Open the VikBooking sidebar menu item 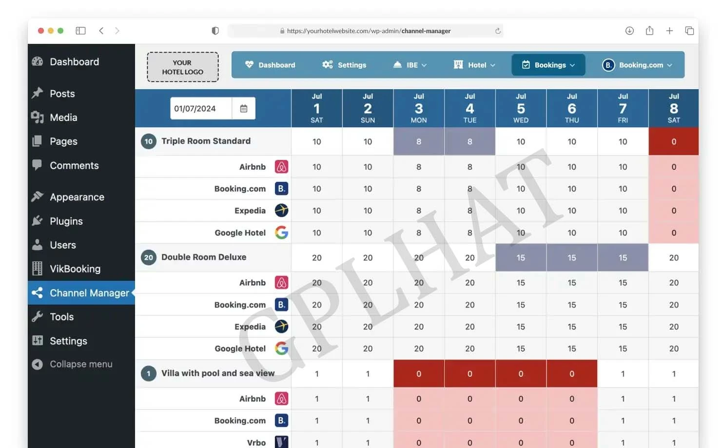(75, 269)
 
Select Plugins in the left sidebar (66, 221)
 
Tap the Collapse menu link (80, 364)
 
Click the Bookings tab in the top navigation (548, 65)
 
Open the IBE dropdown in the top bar (410, 65)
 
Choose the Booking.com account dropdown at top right (637, 65)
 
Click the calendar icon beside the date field (244, 109)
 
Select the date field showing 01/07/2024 (200, 109)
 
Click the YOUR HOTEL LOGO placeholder (182, 67)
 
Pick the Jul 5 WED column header (521, 108)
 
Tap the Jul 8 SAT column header (673, 108)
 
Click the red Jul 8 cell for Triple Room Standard (673, 142)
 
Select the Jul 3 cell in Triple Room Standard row (419, 142)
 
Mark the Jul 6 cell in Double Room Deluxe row (572, 258)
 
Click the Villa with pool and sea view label (217, 373)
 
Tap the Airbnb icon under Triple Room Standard (281, 167)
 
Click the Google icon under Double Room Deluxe (281, 349)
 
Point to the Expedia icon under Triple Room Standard (281, 211)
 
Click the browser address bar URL (368, 31)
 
